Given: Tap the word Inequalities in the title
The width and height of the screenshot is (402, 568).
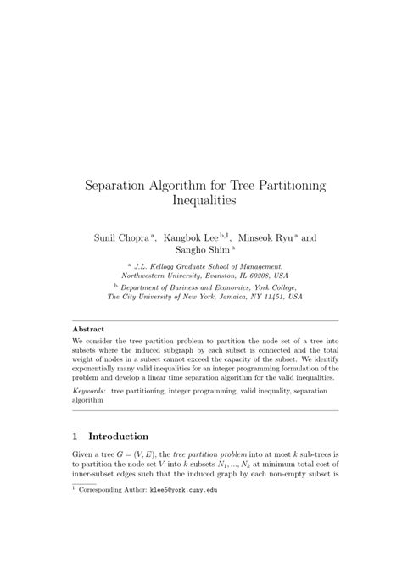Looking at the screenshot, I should pos(201,202).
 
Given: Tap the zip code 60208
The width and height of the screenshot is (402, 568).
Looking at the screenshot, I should pos(271,276).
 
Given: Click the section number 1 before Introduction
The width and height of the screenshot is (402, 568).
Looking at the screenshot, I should pos(75,436).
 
